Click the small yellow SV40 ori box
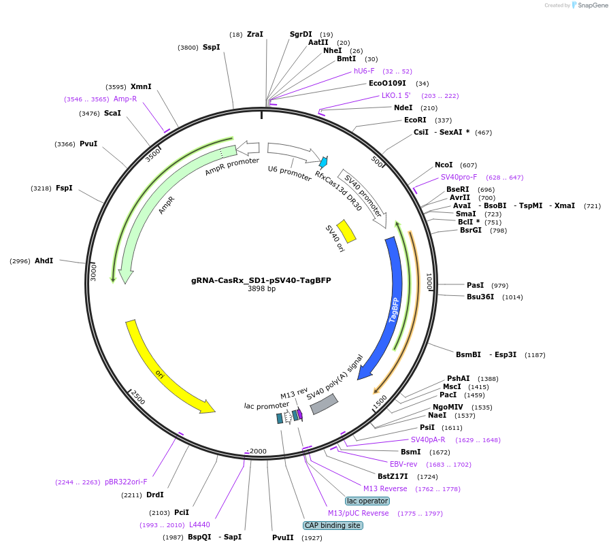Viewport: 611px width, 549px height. (346, 231)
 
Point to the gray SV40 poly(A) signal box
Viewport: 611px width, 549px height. (324, 404)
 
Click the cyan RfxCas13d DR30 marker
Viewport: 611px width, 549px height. (323, 162)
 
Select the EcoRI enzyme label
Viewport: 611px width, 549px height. (415, 120)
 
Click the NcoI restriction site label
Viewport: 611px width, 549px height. (444, 165)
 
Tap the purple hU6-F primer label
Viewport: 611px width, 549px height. (364, 71)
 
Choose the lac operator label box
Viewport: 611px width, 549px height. (367, 501)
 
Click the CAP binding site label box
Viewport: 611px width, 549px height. (333, 525)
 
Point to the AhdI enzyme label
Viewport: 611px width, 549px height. (44, 261)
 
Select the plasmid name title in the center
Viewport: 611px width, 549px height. (261, 280)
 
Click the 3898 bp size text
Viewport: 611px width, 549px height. (261, 288)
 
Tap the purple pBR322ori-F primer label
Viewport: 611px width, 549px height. (126, 482)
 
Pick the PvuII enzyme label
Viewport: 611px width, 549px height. (282, 537)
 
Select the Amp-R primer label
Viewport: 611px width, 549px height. (125, 99)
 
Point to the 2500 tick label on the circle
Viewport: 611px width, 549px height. (138, 397)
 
